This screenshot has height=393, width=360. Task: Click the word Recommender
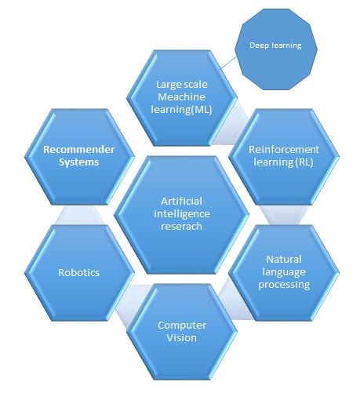coord(78,150)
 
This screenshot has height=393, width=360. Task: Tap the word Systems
coord(78,162)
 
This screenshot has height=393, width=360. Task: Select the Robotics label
coord(78,272)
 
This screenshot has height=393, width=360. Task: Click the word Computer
coord(182,326)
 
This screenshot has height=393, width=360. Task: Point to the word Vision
coord(182,337)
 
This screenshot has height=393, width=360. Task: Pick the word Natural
coord(284,260)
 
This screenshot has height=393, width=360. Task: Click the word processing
coord(284,285)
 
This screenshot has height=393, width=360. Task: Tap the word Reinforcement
coord(284,150)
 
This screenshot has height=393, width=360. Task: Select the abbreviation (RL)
coord(304,162)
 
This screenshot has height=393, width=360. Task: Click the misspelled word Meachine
coord(181,97)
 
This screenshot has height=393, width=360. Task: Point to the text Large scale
coord(182,85)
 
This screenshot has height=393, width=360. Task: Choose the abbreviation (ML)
coord(202,110)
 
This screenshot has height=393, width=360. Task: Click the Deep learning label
coord(275,45)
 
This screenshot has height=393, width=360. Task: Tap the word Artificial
coord(181,202)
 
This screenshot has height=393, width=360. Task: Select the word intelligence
coord(182,214)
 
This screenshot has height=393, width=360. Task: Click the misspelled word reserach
coord(181,227)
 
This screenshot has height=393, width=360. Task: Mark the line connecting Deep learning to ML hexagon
coord(228,63)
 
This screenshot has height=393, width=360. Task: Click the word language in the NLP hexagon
coord(284,272)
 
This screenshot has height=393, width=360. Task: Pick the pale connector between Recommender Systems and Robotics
coord(79,215)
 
